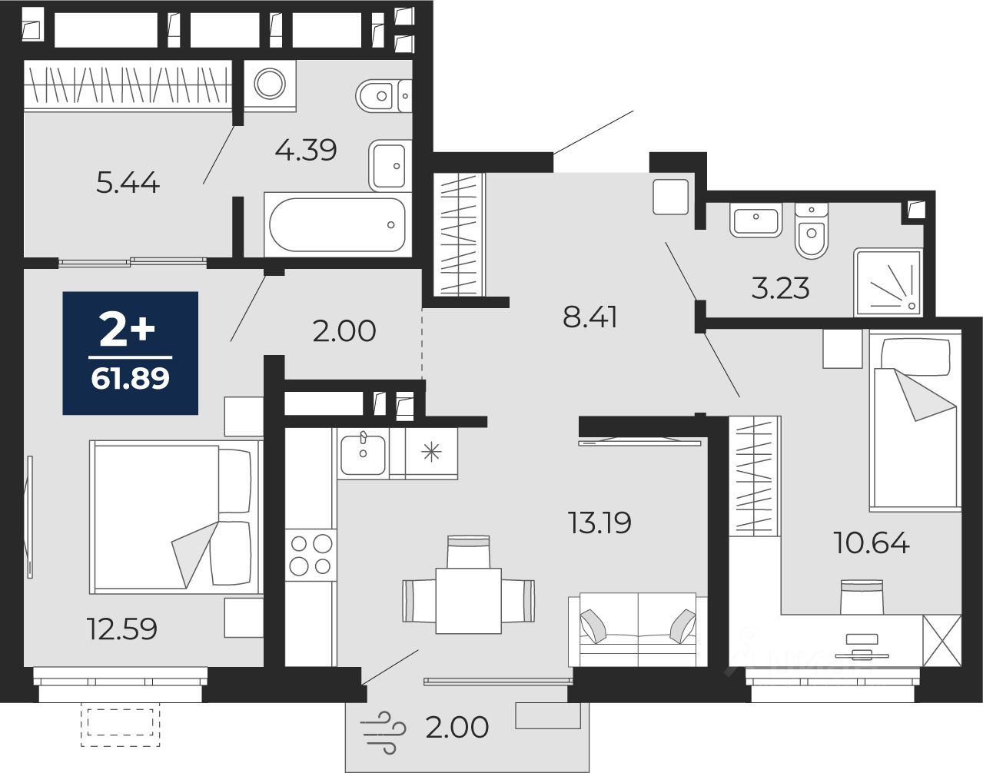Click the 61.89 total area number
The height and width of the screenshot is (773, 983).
[x=130, y=378]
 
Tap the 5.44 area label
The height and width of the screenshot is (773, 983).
[x=128, y=183]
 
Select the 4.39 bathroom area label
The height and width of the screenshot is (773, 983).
[x=306, y=150]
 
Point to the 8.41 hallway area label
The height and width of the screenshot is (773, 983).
[x=589, y=317]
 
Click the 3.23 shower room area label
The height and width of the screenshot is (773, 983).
[x=780, y=288]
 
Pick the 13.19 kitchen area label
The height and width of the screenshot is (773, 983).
[x=599, y=523]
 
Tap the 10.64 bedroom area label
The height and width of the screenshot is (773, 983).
[x=872, y=542]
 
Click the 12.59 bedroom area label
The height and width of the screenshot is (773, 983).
[x=122, y=629]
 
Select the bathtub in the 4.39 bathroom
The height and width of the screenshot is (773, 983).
[x=337, y=224]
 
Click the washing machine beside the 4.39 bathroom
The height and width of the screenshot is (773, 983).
[x=270, y=85]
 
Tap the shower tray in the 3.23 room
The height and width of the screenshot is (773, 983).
[x=888, y=282]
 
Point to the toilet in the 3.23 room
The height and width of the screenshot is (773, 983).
[x=812, y=231]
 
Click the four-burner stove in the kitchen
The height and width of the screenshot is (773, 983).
[x=311, y=555]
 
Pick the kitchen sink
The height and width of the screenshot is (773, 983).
[x=363, y=454]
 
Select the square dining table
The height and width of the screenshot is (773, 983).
[x=469, y=601]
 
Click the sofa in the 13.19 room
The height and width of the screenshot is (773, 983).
[x=638, y=630]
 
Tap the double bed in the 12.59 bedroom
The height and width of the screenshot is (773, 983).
[x=176, y=517]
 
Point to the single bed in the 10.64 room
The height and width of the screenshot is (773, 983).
[x=915, y=420]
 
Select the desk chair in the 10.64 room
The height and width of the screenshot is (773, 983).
[x=862, y=596]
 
